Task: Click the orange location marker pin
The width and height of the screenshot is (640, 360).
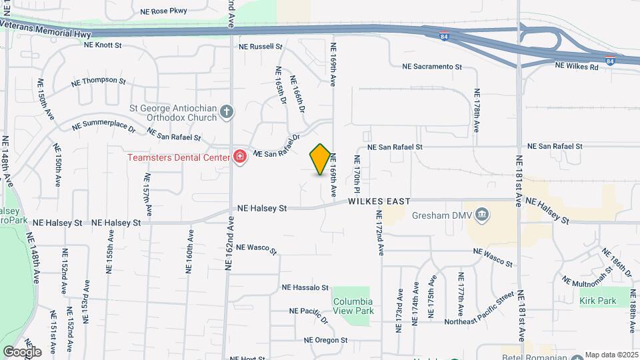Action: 320,159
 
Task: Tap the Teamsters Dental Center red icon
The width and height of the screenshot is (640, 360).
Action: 240,157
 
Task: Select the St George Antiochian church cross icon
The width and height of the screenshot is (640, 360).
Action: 227,111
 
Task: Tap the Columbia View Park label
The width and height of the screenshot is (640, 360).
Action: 353,306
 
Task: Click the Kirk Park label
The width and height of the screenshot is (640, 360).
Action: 597,301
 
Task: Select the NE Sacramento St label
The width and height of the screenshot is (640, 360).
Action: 432,67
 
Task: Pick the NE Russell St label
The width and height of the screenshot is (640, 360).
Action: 261,47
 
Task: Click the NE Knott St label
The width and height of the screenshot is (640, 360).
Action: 103,45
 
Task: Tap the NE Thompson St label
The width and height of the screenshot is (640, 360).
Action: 99,82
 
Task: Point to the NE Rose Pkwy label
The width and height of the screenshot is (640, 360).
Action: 164,11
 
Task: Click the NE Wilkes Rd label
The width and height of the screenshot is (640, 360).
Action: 577,67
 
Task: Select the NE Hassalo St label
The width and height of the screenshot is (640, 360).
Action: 305,288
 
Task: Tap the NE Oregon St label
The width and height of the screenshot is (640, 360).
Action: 326,339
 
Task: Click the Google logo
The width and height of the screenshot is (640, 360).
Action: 22,351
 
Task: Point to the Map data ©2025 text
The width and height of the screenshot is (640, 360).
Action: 612,355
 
